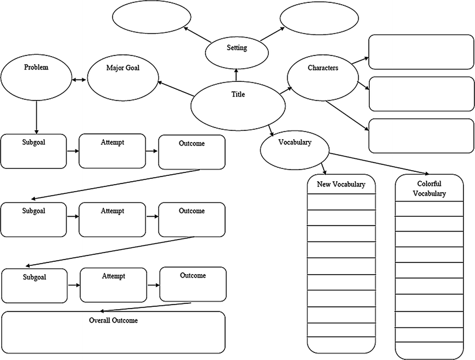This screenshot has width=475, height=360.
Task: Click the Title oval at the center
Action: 238,105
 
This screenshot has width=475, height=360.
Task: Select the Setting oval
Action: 237,51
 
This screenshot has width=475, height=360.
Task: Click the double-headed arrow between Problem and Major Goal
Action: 79,81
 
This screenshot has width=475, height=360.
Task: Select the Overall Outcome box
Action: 113,331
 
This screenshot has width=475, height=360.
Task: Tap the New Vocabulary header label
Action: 341,185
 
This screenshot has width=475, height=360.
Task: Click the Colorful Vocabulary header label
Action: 429,189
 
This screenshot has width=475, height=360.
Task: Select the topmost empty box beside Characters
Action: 420,53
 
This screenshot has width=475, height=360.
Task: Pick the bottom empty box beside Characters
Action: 420,136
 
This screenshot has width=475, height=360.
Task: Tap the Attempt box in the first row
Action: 112,151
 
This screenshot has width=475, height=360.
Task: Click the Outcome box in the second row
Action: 192,219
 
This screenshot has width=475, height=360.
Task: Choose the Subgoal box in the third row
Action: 34,285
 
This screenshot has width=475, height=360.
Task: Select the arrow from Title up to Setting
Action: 237,74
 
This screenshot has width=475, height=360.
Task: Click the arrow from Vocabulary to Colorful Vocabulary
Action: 380,164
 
